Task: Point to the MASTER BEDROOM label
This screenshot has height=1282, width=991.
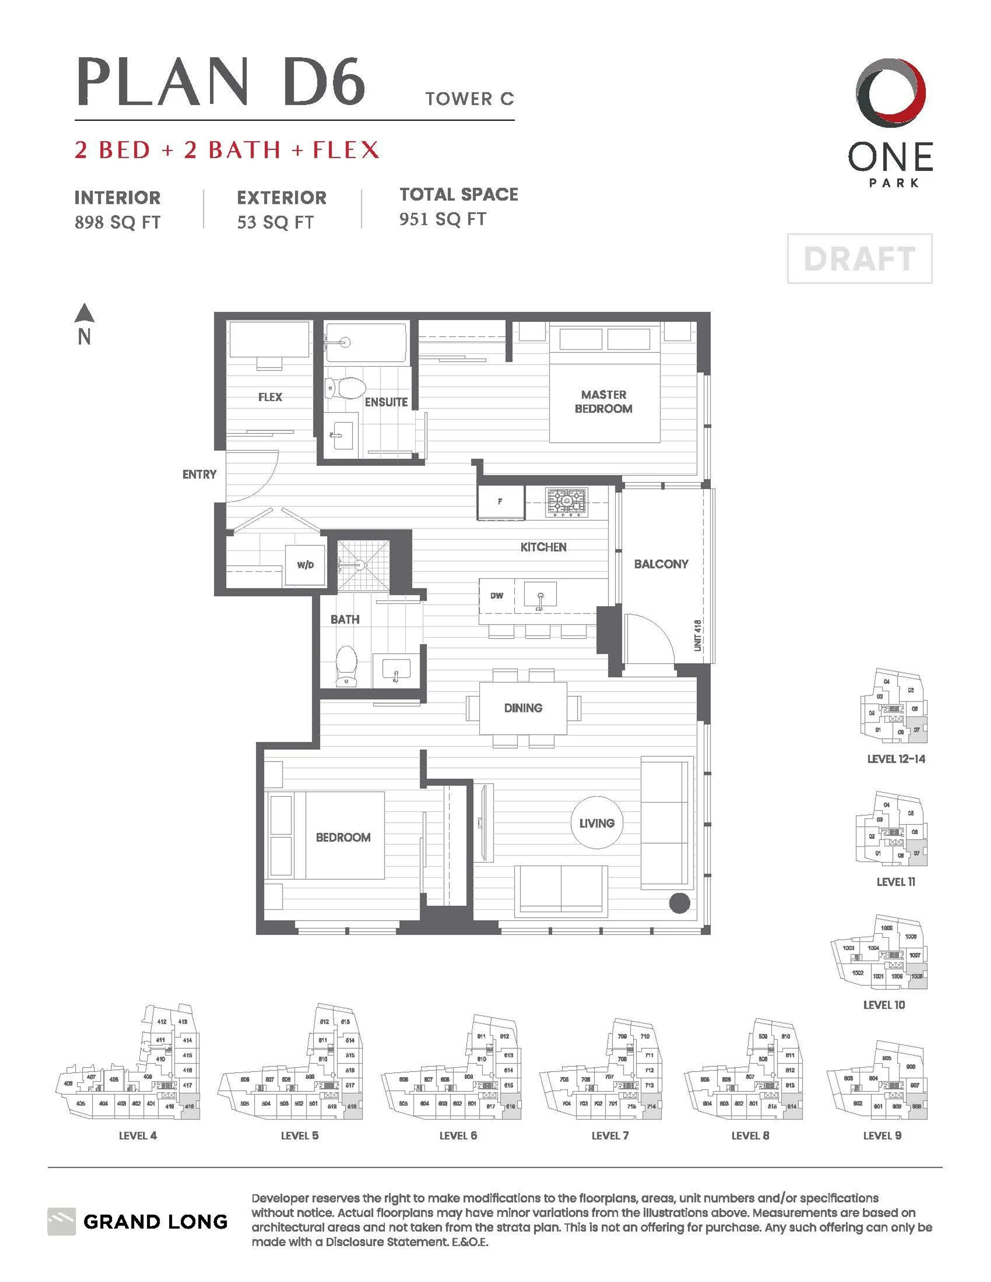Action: click(x=604, y=401)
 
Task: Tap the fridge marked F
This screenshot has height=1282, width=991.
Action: click(x=500, y=502)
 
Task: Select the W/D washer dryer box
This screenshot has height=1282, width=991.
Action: click(x=305, y=565)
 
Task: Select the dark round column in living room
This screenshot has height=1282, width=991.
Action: click(x=679, y=904)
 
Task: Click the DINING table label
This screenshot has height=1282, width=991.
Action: click(x=523, y=708)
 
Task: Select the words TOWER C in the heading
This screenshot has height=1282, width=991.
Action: click(x=470, y=99)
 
